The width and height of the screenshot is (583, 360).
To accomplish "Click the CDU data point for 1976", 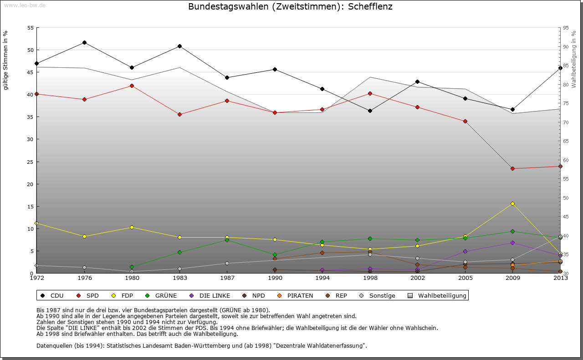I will tap(84, 43).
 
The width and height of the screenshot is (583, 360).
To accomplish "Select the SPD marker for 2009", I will tap(512, 169).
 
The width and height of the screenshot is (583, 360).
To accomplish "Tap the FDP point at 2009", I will tap(512, 203).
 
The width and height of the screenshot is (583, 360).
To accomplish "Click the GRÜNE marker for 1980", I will tap(132, 267).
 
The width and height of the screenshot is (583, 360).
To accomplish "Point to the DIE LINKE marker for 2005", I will tap(465, 251).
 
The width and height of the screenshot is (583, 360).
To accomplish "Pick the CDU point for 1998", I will tap(370, 111).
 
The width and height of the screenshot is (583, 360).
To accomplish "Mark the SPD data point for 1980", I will tap(132, 86).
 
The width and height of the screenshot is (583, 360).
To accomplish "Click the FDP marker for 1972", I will tap(36, 223).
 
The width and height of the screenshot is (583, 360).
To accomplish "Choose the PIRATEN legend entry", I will tap(295, 296).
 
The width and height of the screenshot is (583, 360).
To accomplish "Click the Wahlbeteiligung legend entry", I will tap(438, 296).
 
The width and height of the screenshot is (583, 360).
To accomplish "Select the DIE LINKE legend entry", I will tap(210, 296).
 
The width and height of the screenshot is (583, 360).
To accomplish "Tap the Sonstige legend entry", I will tap(377, 296).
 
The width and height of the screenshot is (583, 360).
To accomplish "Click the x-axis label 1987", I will tap(227, 278).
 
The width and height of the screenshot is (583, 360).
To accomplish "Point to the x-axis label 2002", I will tap(417, 278).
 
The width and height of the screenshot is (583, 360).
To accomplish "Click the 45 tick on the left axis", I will tap(31, 72).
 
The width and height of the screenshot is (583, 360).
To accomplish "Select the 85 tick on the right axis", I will tap(566, 66).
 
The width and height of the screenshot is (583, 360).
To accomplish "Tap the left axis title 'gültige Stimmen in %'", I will tap(5, 61).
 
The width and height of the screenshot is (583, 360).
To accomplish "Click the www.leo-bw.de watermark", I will tap(25, 5).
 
